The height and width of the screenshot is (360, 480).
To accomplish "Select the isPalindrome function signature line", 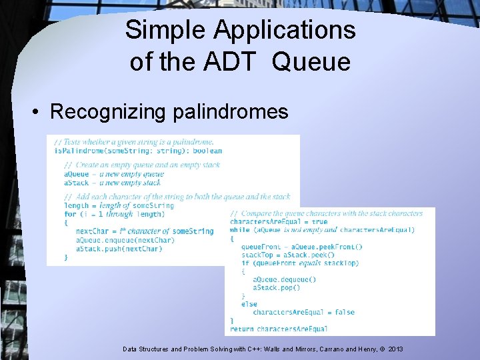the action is point(137,151).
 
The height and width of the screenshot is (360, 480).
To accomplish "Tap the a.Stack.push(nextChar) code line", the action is point(119,249).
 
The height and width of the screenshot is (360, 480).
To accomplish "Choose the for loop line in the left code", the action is point(113,214).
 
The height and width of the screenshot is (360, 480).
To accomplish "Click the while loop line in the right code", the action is point(322,230).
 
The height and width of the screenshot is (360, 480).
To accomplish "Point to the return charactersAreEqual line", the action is point(279,329).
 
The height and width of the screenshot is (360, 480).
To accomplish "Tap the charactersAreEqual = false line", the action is point(303,312).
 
